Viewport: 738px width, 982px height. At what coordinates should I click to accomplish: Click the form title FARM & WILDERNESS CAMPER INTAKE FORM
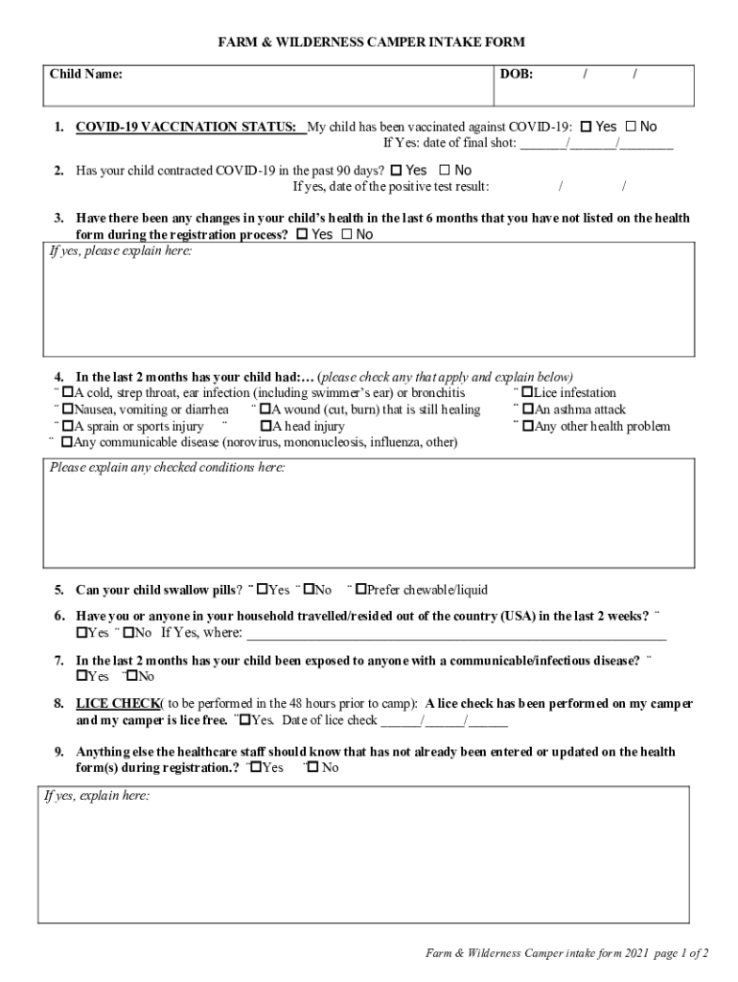tap(371, 42)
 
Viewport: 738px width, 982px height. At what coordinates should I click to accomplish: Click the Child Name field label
tap(86, 74)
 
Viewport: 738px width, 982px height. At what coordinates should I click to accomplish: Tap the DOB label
tap(517, 74)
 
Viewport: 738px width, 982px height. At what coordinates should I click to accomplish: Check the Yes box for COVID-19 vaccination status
tap(586, 127)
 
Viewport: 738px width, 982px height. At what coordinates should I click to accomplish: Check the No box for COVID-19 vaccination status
tap(631, 127)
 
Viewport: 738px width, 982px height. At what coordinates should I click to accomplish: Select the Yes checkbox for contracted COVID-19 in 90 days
tap(396, 171)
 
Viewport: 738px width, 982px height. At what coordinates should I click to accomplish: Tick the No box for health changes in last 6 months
tap(346, 234)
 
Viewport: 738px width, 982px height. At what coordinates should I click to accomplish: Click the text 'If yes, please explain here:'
tap(121, 250)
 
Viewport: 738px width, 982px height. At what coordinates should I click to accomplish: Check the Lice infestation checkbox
tap(527, 393)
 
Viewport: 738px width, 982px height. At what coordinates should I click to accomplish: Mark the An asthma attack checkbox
tap(527, 409)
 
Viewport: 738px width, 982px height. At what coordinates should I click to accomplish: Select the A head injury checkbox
tap(265, 427)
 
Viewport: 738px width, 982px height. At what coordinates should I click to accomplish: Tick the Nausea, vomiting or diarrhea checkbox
tap(67, 409)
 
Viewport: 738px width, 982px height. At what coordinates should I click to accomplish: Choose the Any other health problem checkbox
tap(527, 427)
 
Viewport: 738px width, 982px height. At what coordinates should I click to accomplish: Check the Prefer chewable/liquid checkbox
tap(360, 590)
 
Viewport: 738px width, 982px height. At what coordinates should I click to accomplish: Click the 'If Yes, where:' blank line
tap(456, 634)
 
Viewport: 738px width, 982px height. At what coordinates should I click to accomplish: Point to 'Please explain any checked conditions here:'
tap(167, 468)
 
